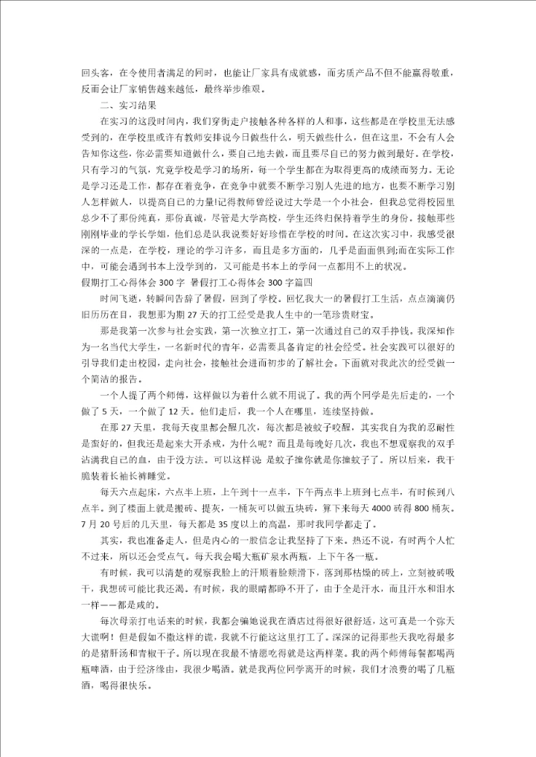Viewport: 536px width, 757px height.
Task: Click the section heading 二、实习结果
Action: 124,106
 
